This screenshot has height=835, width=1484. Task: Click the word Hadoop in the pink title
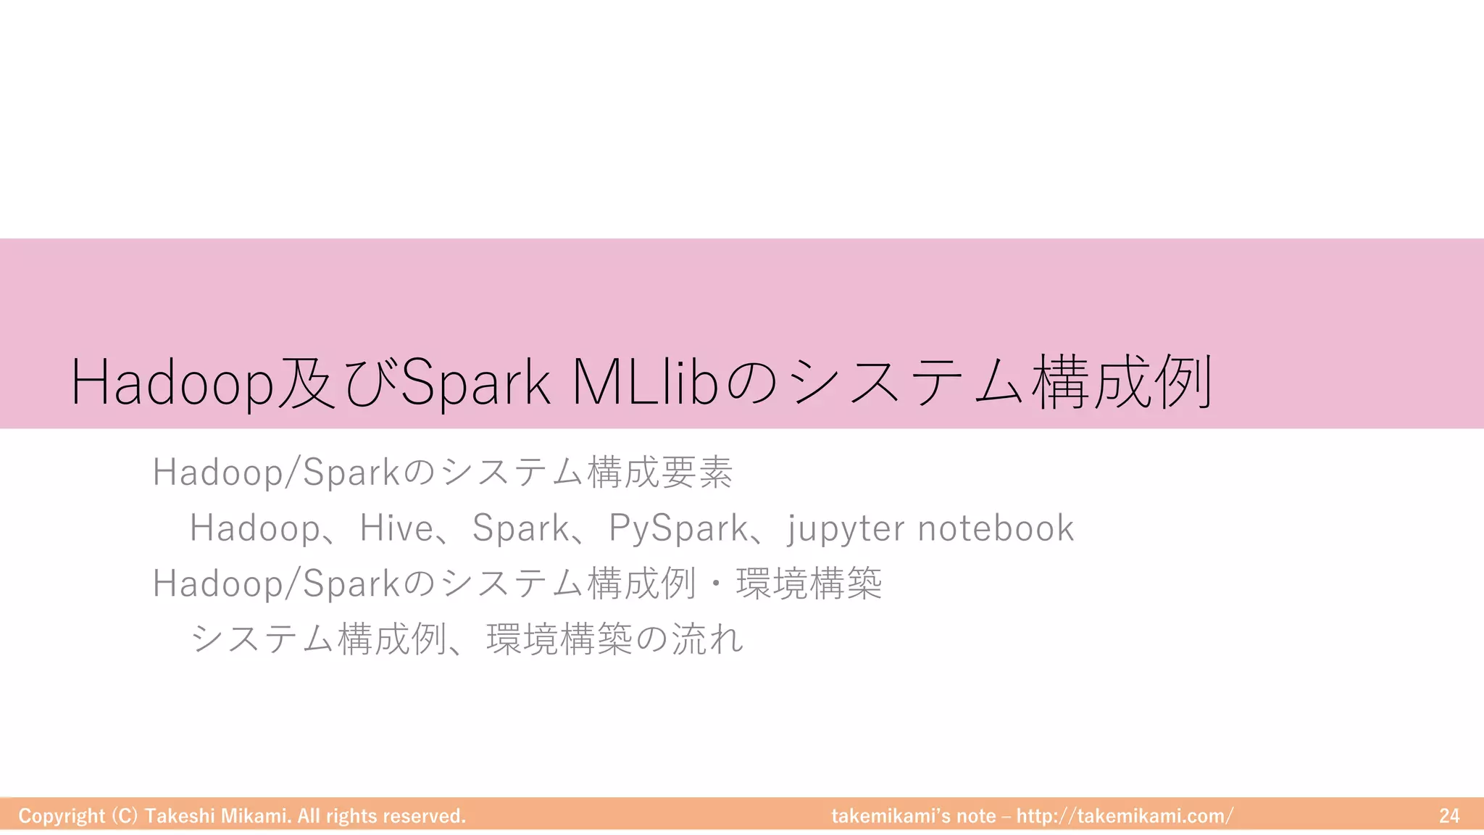coord(172,383)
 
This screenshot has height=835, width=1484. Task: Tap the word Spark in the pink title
coord(475,383)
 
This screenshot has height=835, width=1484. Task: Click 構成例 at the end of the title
coord(1122,383)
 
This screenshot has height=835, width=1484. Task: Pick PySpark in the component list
coord(678,528)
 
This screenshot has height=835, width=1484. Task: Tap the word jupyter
coord(846,528)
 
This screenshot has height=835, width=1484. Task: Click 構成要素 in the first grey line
coord(660,473)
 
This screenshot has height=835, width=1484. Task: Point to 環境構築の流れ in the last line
coord(615,639)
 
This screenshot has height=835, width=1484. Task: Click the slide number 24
coord(1449,816)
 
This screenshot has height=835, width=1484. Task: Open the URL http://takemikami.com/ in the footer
coord(1125,816)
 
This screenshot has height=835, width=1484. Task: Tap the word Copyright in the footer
coord(62,816)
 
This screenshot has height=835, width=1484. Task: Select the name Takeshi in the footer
coord(179,816)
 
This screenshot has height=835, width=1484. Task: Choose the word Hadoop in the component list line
coord(254,528)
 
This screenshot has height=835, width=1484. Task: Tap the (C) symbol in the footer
coord(125,816)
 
